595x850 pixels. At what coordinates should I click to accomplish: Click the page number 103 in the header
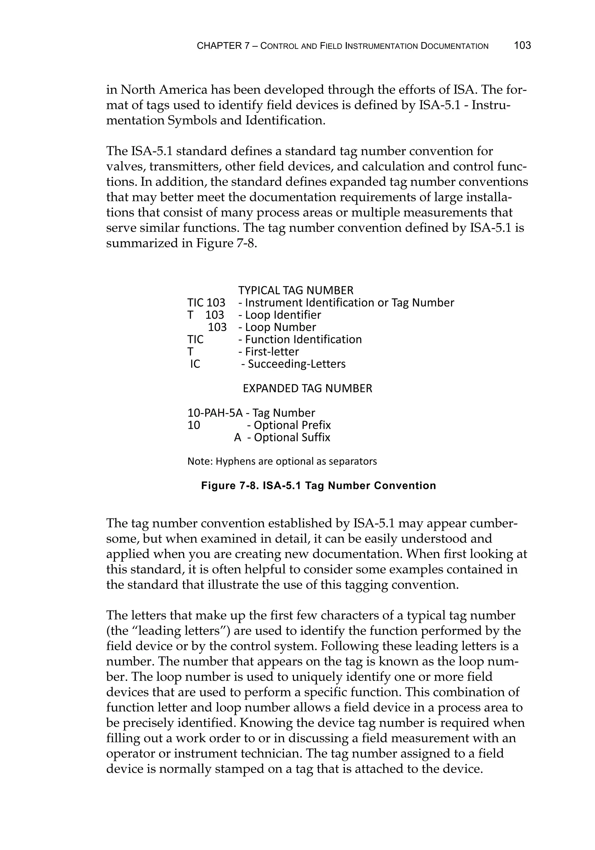[x=522, y=46]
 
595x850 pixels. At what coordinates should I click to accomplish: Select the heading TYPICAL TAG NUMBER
[x=295, y=290]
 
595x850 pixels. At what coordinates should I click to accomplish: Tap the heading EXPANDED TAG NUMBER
[x=307, y=388]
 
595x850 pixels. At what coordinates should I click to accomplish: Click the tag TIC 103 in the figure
[x=206, y=303]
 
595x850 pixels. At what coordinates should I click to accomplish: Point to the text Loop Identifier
[x=283, y=315]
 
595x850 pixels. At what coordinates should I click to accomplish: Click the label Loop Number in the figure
[x=280, y=327]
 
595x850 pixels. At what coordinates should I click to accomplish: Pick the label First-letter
[x=272, y=352]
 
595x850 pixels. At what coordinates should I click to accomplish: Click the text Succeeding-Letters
[x=296, y=364]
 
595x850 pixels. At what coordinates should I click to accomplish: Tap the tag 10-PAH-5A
[x=215, y=413]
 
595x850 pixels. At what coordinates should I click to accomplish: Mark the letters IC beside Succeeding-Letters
[x=195, y=364]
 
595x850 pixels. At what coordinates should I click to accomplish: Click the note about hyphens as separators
[x=282, y=461]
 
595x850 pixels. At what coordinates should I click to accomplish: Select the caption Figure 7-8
[x=318, y=486]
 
